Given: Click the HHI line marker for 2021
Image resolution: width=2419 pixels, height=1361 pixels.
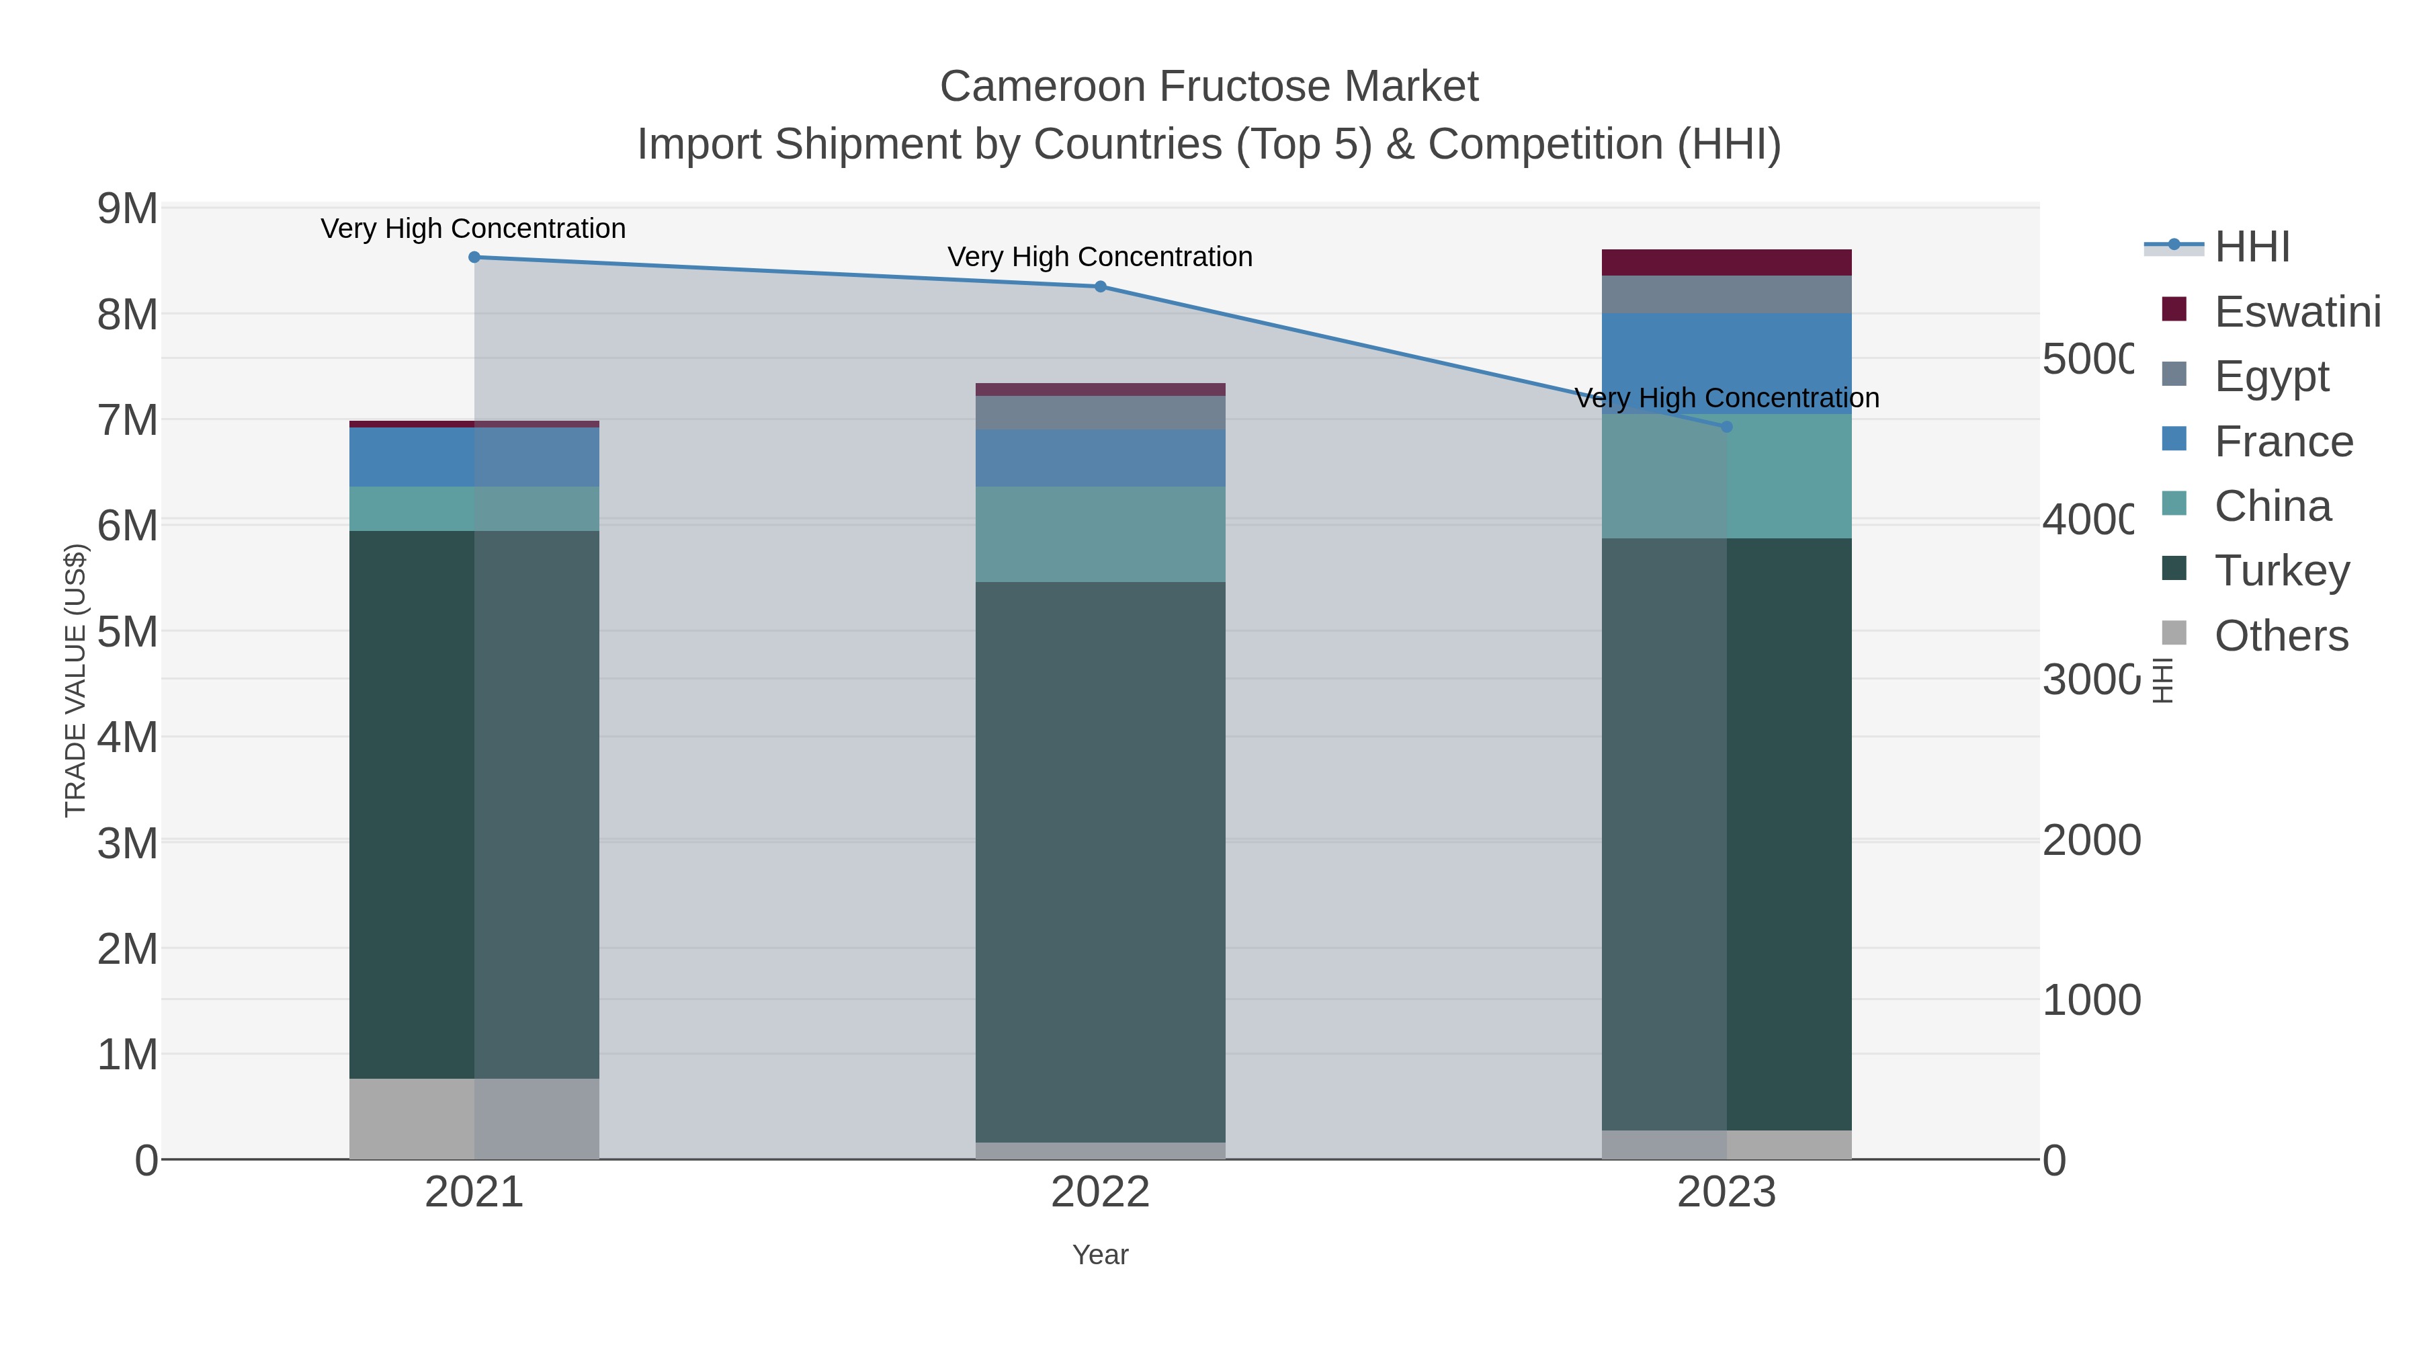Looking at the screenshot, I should pyautogui.click(x=474, y=257).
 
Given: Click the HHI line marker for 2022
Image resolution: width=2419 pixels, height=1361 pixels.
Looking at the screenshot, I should pyautogui.click(x=1101, y=286).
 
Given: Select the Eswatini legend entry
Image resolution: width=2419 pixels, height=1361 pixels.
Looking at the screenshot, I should pyautogui.click(x=2296, y=312).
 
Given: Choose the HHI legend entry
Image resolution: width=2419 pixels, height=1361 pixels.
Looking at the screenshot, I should pyautogui.click(x=2252, y=247).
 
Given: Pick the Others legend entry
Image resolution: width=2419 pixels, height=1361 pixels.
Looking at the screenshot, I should pyautogui.click(x=2280, y=636).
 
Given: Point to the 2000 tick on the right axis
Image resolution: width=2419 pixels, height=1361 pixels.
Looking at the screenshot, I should pyautogui.click(x=2091, y=841).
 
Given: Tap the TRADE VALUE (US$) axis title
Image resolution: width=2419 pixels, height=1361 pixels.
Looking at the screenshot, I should pyautogui.click(x=75, y=680).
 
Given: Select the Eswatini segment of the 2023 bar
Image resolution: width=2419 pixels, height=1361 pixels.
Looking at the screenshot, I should pyautogui.click(x=1726, y=262).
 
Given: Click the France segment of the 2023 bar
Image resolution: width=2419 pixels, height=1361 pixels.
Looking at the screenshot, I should pyautogui.click(x=1726, y=362).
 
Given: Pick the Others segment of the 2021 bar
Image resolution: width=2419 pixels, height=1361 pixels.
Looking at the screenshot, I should pyautogui.click(x=474, y=1118).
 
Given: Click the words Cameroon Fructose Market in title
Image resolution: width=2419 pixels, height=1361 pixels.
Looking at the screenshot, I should pyautogui.click(x=1209, y=87).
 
